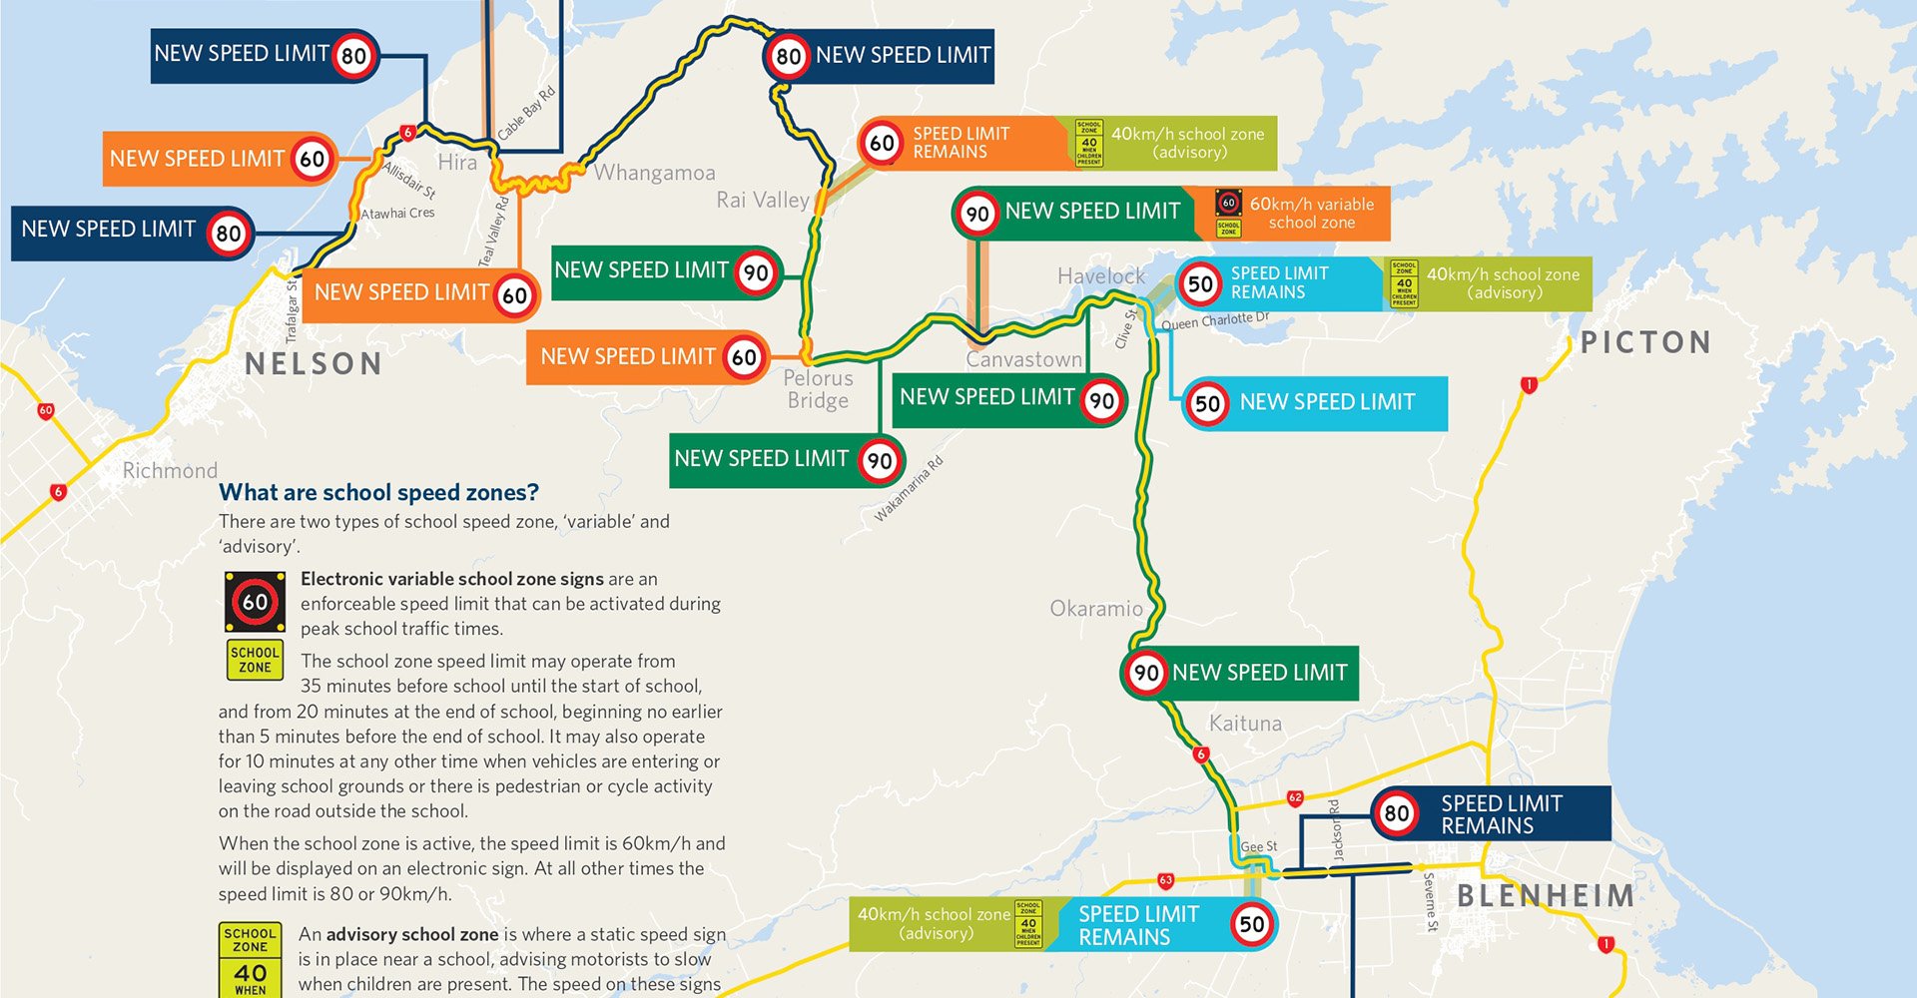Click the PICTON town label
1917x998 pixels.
point(1645,343)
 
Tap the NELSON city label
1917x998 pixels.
point(314,364)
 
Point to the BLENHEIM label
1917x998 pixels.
point(1546,895)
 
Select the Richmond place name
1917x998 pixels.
point(170,471)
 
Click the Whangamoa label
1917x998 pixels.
point(655,173)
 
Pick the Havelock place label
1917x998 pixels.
point(1101,276)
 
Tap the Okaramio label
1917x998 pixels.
point(1096,609)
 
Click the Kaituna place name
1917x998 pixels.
point(1245,724)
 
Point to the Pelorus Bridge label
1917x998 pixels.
point(818,389)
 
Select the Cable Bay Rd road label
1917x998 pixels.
point(526,113)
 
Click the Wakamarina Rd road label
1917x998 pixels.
point(909,489)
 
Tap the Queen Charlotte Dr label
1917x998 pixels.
point(1215,321)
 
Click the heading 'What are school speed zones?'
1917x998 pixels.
point(378,492)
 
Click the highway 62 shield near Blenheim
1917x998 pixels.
point(1295,797)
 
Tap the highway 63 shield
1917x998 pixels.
point(1165,880)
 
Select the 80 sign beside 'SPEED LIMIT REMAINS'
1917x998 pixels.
point(1396,813)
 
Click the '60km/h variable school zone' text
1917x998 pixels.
point(1311,214)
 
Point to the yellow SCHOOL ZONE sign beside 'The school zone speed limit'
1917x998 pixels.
point(255,660)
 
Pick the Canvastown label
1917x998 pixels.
point(1023,359)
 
